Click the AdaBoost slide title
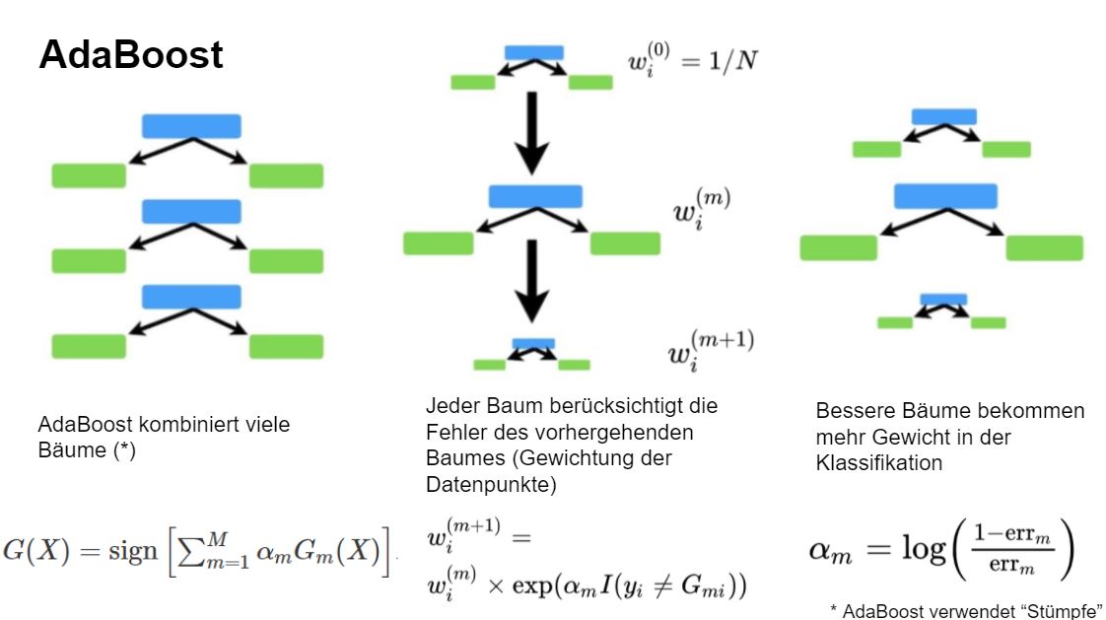(x=131, y=55)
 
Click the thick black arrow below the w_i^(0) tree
(x=531, y=133)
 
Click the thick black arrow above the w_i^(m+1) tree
(x=531, y=281)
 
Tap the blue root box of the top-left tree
(x=191, y=126)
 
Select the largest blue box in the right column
(x=944, y=196)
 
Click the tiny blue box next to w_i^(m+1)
(x=533, y=343)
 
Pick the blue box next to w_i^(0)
(x=533, y=52)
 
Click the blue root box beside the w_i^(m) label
(x=535, y=195)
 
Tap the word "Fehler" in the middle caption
(x=459, y=432)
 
